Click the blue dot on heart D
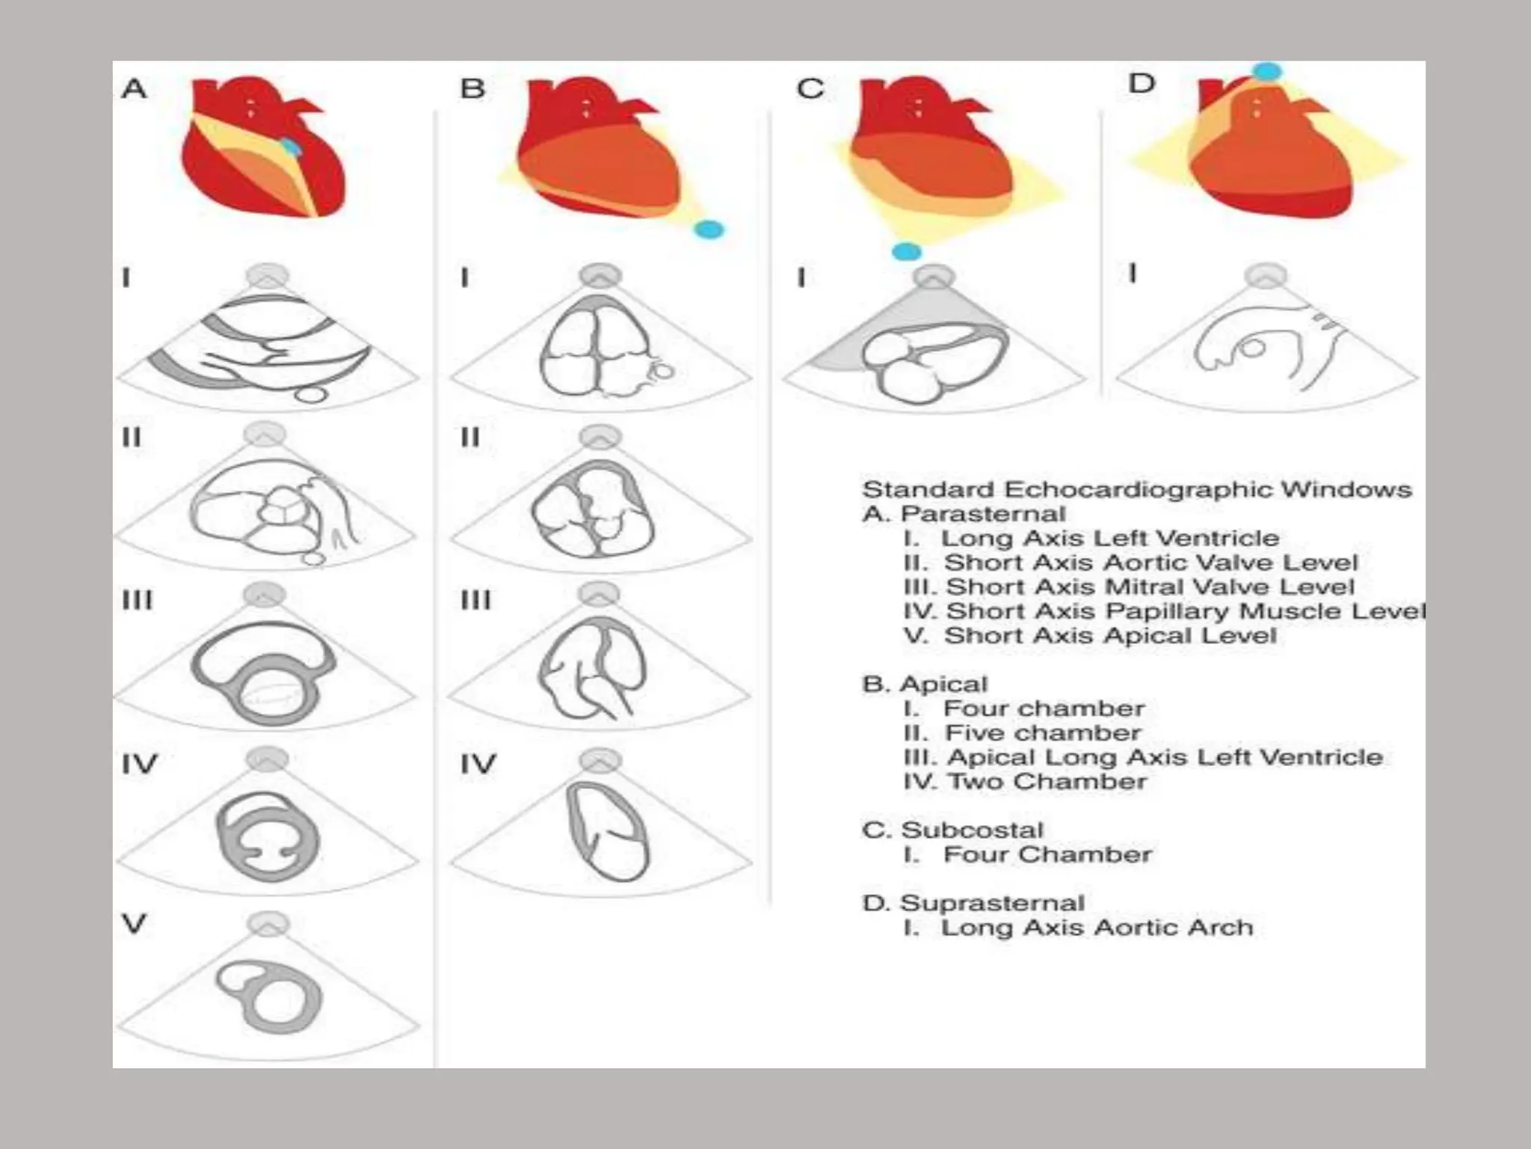pyautogui.click(x=1266, y=72)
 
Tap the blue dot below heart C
pyautogui.click(x=907, y=251)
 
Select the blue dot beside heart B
pyautogui.click(x=709, y=229)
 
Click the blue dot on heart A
pyautogui.click(x=292, y=147)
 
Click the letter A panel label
pyautogui.click(x=134, y=89)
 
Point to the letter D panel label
pyautogui.click(x=1142, y=83)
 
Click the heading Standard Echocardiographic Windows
pyautogui.click(x=1136, y=489)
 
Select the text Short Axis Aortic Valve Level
pyautogui.click(x=1150, y=562)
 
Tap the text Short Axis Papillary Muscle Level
pyautogui.click(x=1185, y=610)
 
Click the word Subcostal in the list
pyautogui.click(x=972, y=830)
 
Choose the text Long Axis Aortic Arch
pyautogui.click(x=1096, y=927)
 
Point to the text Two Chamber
pyautogui.click(x=1047, y=781)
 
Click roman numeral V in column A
pyautogui.click(x=134, y=923)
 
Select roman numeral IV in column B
pyautogui.click(x=478, y=764)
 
